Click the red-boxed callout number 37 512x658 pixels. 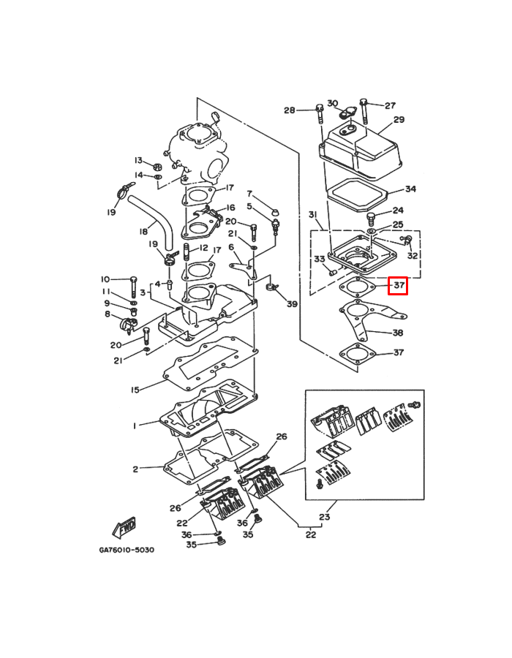[398, 286]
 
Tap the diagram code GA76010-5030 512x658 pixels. [127, 550]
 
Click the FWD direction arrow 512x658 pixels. [124, 527]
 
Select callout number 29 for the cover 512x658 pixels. [399, 120]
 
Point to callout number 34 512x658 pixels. [410, 189]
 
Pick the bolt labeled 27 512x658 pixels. [364, 111]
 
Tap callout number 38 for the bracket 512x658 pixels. [397, 333]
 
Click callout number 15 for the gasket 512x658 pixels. [135, 390]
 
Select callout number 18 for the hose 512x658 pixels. [143, 231]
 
